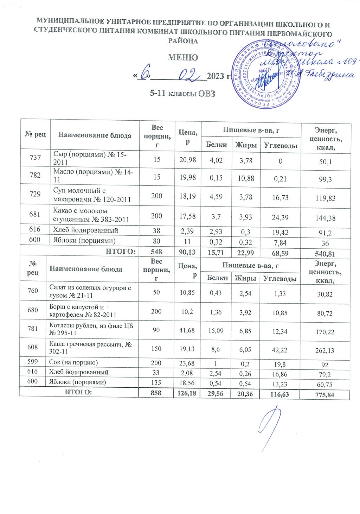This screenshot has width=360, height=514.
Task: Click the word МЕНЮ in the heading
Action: pos(182,57)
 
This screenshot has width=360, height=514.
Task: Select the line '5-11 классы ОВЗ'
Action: pos(182,93)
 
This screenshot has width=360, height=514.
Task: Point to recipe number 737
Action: pos(35,158)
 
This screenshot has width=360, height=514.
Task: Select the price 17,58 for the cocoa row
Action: pos(188,216)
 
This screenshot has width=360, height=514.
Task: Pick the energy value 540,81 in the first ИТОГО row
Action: pos(325,254)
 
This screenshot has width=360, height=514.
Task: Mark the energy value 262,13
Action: pos(325,350)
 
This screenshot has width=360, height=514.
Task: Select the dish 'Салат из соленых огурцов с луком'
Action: pos(90,292)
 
